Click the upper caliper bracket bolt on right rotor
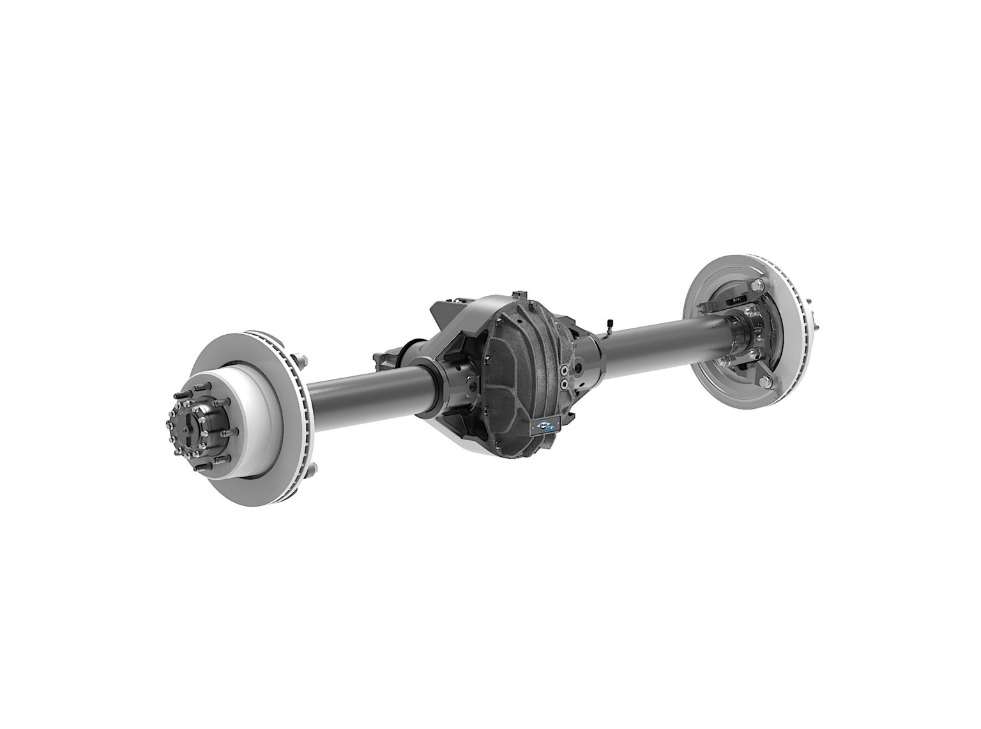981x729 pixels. pos(757,286)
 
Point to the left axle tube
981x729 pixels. pos(358,383)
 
